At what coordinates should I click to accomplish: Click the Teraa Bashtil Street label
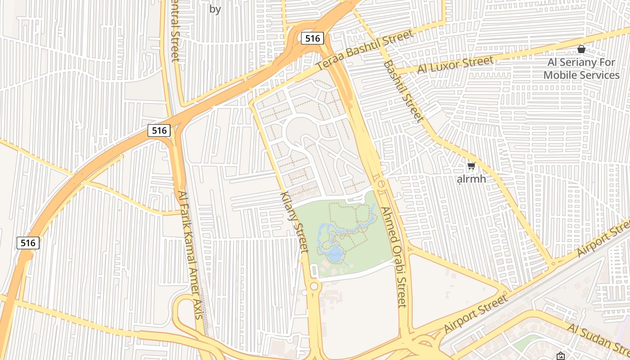point(364,50)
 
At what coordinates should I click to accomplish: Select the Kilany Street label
point(295,222)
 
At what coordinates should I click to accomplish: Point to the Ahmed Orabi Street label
point(394,257)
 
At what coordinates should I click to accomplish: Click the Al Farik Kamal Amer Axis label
point(191,255)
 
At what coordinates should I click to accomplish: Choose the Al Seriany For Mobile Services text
point(581,68)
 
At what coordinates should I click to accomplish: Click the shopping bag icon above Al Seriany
point(581,49)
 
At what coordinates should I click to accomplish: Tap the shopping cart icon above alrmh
point(471,166)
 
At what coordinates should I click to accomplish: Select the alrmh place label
point(471,179)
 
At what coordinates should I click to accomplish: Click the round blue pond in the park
point(335,254)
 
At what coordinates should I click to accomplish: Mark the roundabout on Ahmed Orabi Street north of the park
point(381,184)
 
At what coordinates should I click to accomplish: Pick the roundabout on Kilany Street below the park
point(314,286)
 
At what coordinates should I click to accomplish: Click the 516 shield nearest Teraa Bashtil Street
point(312,38)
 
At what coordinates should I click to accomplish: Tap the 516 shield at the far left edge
point(28,243)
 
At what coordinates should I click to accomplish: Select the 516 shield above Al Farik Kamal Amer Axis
point(159,130)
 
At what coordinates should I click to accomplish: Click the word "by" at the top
point(215,9)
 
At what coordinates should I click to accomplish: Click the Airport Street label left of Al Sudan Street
point(476,313)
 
